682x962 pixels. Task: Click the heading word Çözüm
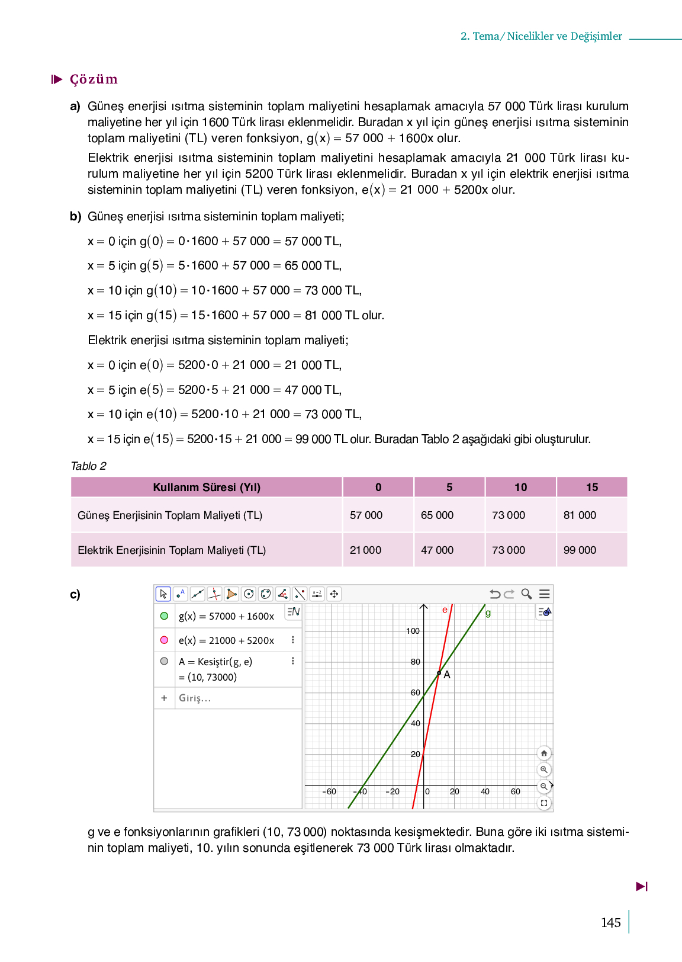94,79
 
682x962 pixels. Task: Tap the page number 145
610,923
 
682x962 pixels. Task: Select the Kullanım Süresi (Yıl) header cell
207,488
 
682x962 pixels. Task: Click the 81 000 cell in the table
580,515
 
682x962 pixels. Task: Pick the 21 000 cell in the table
365,550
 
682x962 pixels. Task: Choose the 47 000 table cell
437,550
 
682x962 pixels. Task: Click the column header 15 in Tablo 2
592,488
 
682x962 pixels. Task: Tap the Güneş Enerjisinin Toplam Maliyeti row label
170,515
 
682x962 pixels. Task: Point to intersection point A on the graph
439,673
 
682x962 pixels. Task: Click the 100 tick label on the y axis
413,631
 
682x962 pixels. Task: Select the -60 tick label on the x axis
329,791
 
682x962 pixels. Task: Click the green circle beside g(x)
164,616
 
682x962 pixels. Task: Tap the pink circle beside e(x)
164,640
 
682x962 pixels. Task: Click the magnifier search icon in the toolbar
526,594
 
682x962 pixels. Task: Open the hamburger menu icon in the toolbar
545,594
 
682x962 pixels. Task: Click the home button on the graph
543,753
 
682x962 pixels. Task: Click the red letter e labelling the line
445,610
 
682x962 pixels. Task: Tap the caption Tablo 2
88,466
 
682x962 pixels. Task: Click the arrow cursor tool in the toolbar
163,594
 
